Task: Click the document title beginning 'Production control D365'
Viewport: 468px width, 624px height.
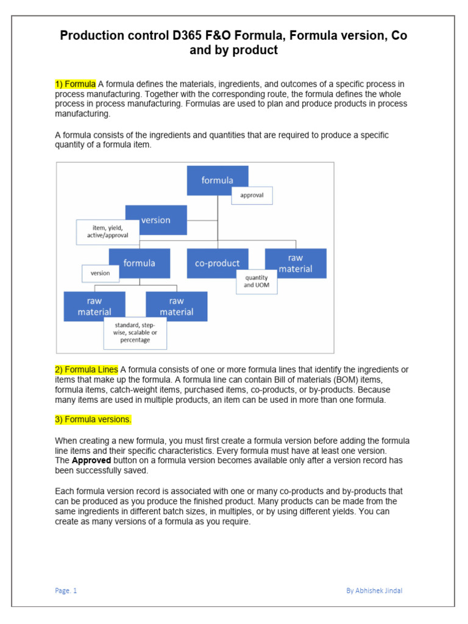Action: [233, 43]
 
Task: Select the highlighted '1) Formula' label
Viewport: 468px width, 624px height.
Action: [76, 83]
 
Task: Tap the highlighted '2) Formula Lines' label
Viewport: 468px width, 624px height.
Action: [87, 369]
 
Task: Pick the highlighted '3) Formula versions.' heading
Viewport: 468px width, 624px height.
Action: [93, 419]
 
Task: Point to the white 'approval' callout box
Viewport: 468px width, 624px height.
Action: [252, 196]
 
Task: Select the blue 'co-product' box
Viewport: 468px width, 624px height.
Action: [218, 263]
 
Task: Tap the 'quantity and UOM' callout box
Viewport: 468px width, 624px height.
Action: [256, 282]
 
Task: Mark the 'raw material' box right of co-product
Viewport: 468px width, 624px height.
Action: [296, 263]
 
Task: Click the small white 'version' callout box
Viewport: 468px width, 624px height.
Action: [101, 274]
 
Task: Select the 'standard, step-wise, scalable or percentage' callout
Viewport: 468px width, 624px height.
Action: [135, 333]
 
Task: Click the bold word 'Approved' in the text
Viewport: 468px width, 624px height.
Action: [91, 461]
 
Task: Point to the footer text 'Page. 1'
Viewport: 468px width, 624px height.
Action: [66, 590]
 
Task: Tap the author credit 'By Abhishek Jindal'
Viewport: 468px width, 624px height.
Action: [374, 590]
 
